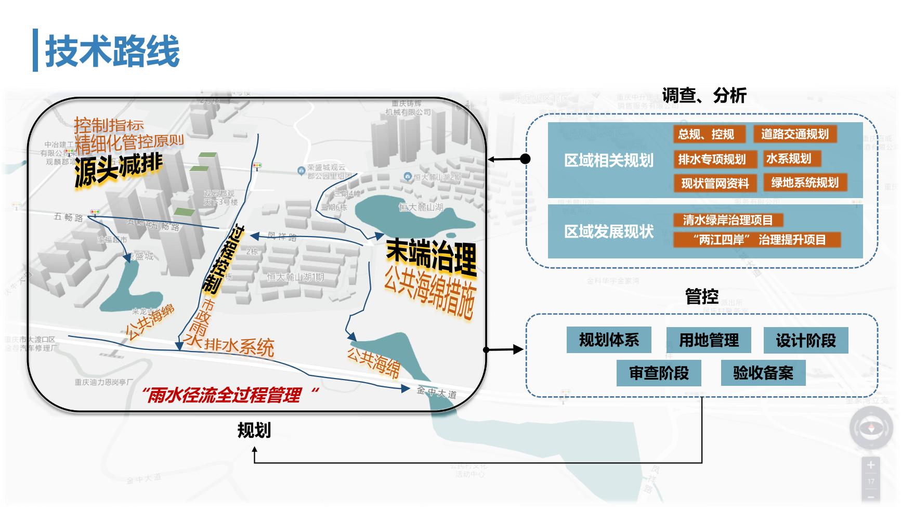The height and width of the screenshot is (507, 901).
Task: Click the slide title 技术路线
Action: [x=112, y=51]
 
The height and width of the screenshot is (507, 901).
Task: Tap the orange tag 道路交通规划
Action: [x=794, y=134]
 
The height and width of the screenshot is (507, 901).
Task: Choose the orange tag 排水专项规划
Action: [x=711, y=159]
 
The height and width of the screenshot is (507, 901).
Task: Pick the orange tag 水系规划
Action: [x=788, y=159]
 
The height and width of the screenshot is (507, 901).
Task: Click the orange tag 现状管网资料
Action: [x=715, y=183]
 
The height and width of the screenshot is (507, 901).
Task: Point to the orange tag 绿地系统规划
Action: [x=804, y=183]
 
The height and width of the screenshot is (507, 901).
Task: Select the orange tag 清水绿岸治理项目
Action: [x=727, y=220]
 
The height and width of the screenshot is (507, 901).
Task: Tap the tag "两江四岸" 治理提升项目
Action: [x=756, y=240]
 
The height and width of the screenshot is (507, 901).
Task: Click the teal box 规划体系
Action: [x=609, y=340]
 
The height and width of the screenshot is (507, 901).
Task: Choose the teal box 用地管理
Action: [x=709, y=340]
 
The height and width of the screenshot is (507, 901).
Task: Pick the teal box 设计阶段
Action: [x=805, y=340]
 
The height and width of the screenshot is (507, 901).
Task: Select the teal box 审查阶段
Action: [x=659, y=373]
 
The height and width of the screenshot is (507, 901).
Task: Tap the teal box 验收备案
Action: [x=763, y=373]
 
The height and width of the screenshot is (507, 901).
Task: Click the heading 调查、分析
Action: [x=704, y=96]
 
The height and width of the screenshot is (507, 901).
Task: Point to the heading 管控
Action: [x=702, y=296]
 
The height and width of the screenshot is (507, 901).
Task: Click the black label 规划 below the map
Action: [x=254, y=431]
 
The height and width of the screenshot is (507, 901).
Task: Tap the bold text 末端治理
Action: [x=431, y=257]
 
